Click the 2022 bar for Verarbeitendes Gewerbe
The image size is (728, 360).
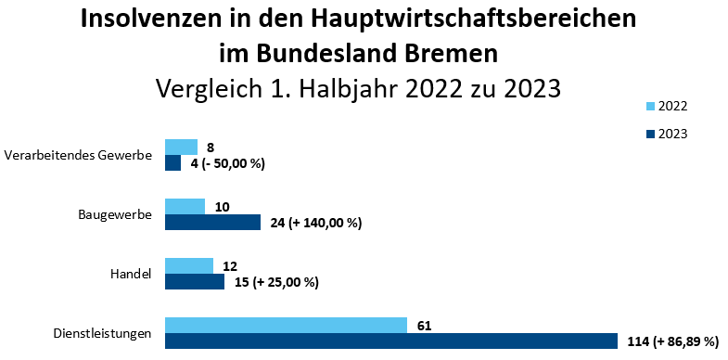pyautogui.click(x=181, y=147)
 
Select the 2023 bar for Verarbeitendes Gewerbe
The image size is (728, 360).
pyautogui.click(x=172, y=163)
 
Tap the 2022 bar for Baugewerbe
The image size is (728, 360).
pyautogui.click(x=185, y=206)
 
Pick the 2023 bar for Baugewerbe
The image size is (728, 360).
pyautogui.click(x=212, y=223)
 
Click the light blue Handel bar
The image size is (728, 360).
pyautogui.click(x=188, y=265)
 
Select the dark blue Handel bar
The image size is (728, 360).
pyautogui.click(x=195, y=282)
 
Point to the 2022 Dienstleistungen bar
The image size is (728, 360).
pyautogui.click(x=286, y=325)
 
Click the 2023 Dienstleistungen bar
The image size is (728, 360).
pyautogui.click(x=390, y=341)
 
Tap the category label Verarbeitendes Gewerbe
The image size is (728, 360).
pyautogui.click(x=78, y=155)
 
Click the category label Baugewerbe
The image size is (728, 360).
pyautogui.click(x=115, y=214)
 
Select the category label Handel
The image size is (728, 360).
pyautogui.click(x=130, y=274)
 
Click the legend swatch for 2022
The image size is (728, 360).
pyautogui.click(x=649, y=106)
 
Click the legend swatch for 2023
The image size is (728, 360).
pyautogui.click(x=649, y=134)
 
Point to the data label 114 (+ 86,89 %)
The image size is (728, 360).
pyautogui.click(x=671, y=342)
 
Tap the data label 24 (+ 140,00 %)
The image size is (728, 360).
pyautogui.click(x=315, y=224)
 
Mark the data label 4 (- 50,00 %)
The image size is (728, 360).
pyautogui.click(x=227, y=164)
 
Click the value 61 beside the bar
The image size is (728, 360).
pyautogui.click(x=424, y=326)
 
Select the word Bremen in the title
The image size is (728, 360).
pyautogui.click(x=441, y=54)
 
